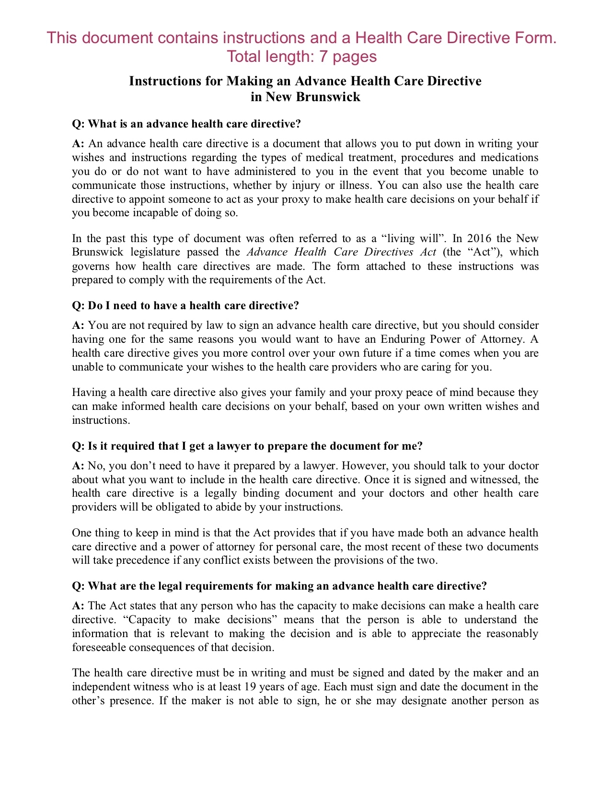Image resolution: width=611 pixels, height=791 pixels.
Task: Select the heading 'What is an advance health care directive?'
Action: click(x=186, y=124)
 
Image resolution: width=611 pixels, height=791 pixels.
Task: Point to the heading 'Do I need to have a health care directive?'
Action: click(x=185, y=305)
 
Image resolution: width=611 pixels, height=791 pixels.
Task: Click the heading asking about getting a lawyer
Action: click(x=247, y=446)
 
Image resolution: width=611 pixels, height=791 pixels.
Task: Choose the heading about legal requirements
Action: click(x=279, y=586)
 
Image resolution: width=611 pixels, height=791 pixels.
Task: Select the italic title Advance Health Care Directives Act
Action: click(x=342, y=252)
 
